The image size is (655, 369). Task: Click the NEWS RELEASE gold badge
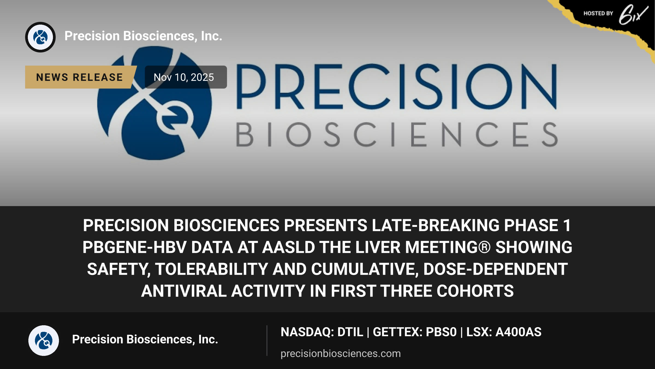tap(81, 77)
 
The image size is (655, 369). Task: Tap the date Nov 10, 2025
tap(184, 77)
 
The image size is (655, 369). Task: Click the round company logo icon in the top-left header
tap(40, 37)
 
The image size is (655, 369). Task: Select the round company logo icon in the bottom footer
tap(44, 340)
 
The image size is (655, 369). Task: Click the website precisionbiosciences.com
tap(341, 353)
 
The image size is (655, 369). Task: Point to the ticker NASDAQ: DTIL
tap(322, 332)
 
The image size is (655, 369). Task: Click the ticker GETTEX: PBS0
tap(415, 332)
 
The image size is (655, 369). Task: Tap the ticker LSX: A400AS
tap(504, 332)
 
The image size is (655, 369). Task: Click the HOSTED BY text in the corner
tap(598, 13)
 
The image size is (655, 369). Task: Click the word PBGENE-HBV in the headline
tap(134, 247)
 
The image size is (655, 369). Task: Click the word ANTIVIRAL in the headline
tap(184, 291)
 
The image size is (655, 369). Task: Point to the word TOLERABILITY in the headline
tap(212, 269)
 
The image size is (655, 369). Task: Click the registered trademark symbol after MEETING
tap(484, 247)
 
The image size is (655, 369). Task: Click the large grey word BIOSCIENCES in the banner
tap(397, 134)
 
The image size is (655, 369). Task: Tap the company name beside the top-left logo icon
tap(143, 36)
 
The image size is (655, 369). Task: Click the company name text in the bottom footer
tap(145, 339)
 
